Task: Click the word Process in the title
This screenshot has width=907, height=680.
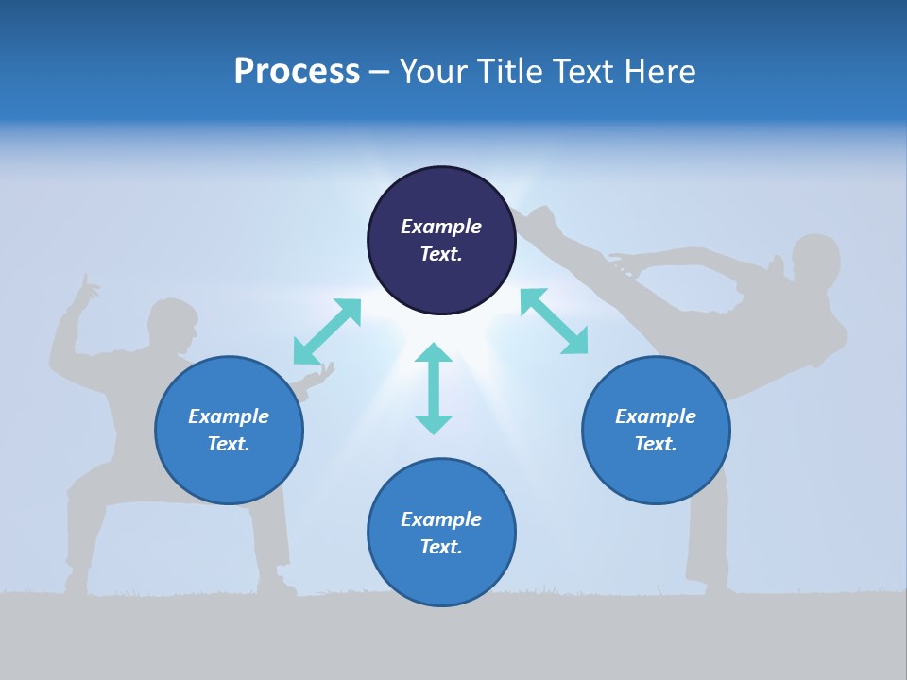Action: (x=297, y=72)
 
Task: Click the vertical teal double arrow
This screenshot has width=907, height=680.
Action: (x=434, y=388)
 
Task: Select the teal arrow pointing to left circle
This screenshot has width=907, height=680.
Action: (x=327, y=331)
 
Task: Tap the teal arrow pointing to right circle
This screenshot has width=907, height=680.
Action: (x=554, y=321)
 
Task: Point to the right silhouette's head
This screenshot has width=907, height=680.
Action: (x=816, y=260)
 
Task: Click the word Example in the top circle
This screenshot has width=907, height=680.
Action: (x=441, y=227)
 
